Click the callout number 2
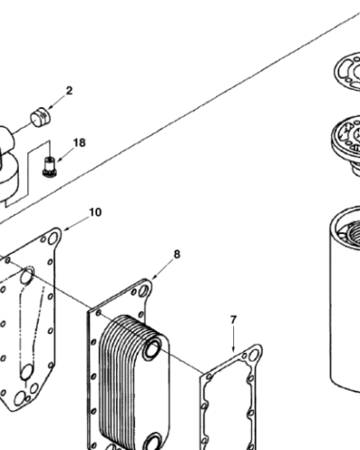coord(69,91)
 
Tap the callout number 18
coord(79,143)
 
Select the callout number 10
coord(94,212)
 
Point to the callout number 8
coord(176,254)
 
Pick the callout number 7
coord(233,319)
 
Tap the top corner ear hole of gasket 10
coord(54,237)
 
